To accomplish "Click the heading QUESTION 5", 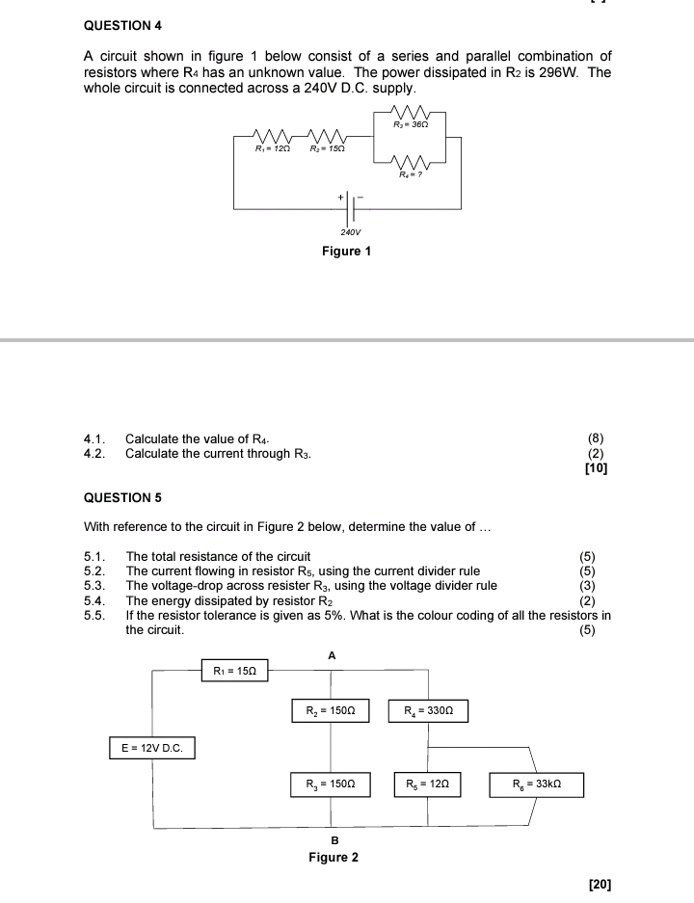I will tap(123, 498).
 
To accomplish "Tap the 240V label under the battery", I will tap(350, 232).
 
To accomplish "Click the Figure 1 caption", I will tap(346, 252).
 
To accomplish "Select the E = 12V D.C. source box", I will tap(151, 748).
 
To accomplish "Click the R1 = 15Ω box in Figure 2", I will tap(234, 670).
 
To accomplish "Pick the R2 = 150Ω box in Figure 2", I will tap(331, 711).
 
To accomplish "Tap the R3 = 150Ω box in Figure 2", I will tap(331, 785).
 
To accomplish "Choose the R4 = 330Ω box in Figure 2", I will tap(428, 711).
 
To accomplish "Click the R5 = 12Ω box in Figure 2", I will tap(428, 785).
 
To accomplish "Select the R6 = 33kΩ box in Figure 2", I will tap(536, 785).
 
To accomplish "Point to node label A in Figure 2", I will tap(332, 655).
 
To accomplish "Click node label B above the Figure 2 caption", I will tap(334, 840).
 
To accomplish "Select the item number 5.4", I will tap(93, 600).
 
